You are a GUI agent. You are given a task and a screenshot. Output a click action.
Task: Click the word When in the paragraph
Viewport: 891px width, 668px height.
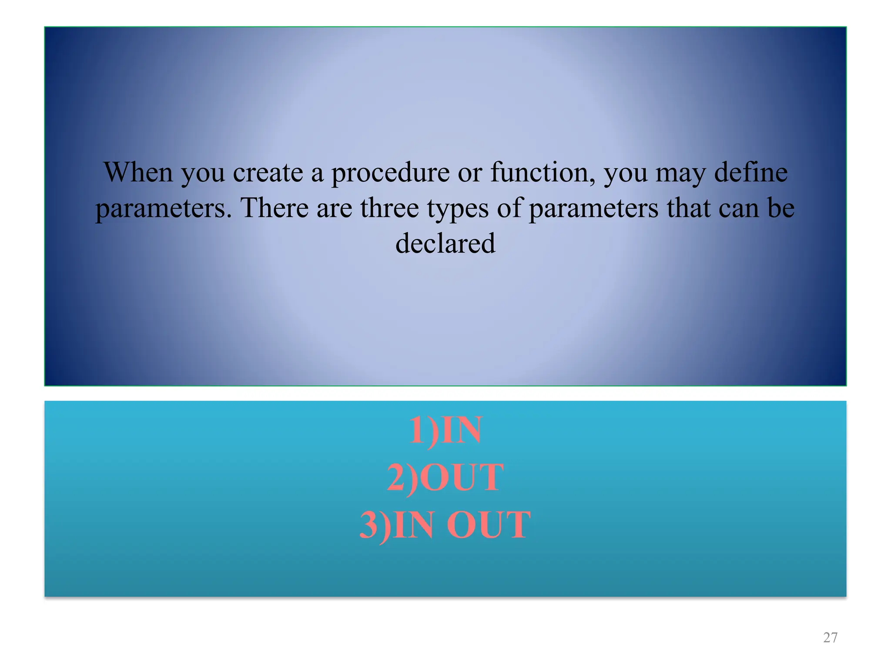point(138,172)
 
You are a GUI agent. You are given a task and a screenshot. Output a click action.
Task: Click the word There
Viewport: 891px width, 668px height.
point(275,208)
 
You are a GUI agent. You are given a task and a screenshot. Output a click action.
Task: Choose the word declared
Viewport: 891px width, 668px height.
point(445,243)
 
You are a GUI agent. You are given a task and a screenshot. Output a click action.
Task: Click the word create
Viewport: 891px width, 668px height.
point(268,173)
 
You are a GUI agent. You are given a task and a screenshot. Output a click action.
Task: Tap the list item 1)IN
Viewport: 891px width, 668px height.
point(445,431)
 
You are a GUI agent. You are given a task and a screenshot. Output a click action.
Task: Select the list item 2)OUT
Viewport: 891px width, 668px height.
point(445,478)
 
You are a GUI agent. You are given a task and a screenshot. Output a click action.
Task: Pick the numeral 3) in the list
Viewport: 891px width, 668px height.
point(375,525)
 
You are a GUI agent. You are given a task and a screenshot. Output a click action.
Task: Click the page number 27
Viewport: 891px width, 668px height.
point(830,638)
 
